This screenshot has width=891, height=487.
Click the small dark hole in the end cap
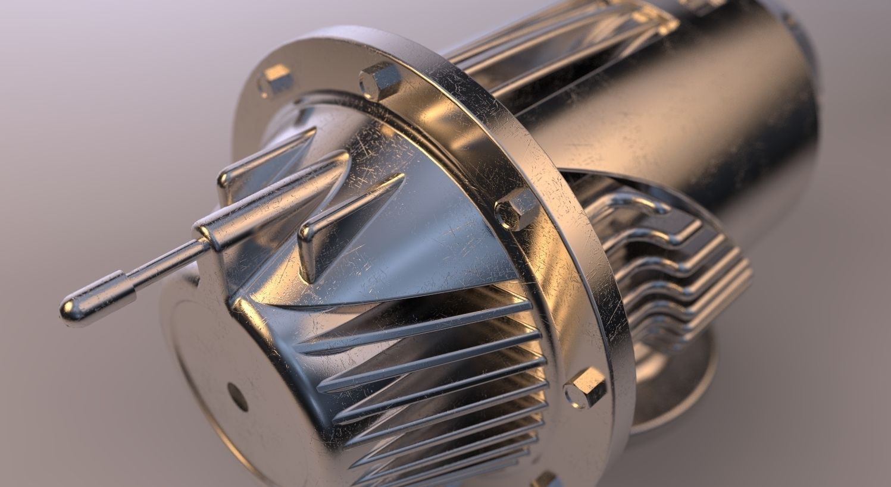pyautogui.click(x=237, y=397)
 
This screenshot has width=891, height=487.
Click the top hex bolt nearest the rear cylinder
pyautogui.click(x=379, y=80)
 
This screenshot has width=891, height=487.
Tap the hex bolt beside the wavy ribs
pyautogui.click(x=517, y=209)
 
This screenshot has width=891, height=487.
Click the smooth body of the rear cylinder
pyautogui.click(x=684, y=119)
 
